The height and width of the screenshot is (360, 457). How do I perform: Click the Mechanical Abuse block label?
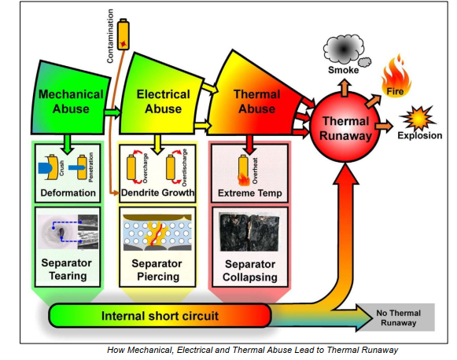(x=72, y=101)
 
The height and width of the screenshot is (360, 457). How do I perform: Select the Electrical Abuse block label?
(x=164, y=101)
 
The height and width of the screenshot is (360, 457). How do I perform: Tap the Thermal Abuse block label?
(x=256, y=101)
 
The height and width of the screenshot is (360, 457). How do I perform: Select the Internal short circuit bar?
(x=160, y=318)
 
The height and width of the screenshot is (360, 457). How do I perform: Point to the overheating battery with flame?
(x=244, y=166)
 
